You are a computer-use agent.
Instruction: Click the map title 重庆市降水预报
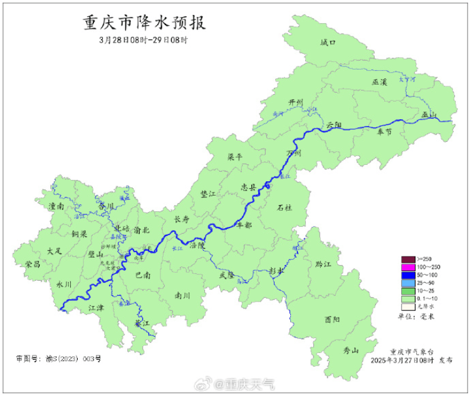(145, 23)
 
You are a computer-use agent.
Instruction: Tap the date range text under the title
(144, 39)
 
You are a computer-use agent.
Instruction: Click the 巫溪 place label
(380, 82)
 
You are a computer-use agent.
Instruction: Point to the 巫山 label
(429, 115)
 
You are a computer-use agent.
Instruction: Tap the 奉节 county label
(384, 132)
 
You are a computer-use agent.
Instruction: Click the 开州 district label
(295, 102)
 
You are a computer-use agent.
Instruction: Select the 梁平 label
(234, 157)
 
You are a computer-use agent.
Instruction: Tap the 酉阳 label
(332, 319)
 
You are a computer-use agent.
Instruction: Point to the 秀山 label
(351, 351)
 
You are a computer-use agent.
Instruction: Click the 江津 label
(96, 307)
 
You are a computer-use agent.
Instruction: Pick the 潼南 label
(56, 206)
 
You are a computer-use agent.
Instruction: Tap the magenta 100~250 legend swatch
(408, 268)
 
